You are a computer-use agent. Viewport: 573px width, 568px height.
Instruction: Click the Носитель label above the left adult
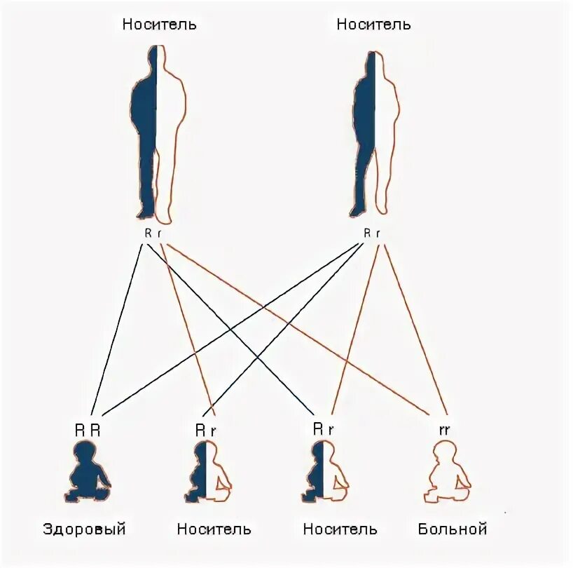159,25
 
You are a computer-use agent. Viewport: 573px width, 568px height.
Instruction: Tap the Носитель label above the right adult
373,25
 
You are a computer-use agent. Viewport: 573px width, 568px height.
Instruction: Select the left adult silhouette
158,133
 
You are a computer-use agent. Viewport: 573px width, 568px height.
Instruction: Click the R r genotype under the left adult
153,233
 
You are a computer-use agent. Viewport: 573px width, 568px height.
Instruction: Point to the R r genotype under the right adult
372,233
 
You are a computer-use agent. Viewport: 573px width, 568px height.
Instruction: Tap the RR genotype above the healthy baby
88,429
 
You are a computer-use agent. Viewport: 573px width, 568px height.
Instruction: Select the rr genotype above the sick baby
444,429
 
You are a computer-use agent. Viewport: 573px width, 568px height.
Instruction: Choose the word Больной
452,529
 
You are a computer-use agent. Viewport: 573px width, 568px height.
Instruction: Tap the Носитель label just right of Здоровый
214,529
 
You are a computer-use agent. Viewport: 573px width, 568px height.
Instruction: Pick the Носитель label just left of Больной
340,529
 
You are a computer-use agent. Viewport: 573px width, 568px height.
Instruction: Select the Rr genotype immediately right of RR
205,429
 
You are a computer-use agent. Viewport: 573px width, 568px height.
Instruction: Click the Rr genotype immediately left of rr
323,429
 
